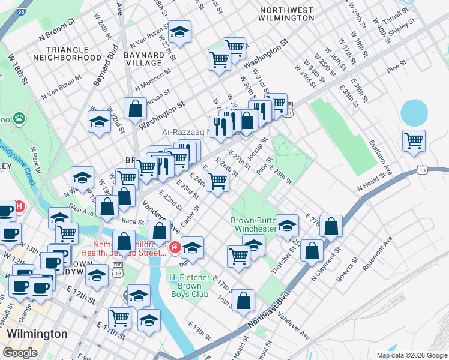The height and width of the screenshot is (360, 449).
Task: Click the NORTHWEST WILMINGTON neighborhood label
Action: [x=286, y=15]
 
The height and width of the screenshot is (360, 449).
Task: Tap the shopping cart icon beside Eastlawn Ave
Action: [x=414, y=141]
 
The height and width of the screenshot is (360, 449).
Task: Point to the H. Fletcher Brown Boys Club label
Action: [x=190, y=286]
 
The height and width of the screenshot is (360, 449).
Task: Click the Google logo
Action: [x=20, y=352]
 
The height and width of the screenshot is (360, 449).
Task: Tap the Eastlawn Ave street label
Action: [x=380, y=158]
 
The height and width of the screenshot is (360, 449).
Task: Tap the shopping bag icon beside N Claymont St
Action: [x=312, y=250]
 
